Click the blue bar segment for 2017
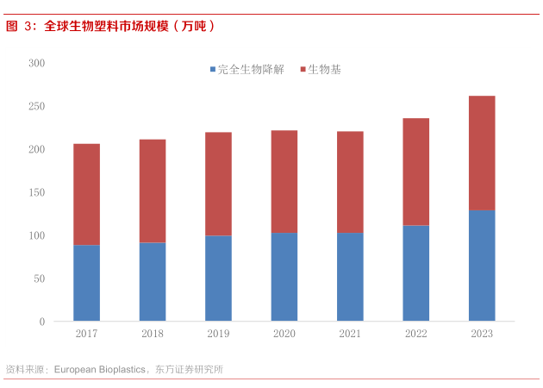point(86,283)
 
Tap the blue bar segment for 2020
point(284,277)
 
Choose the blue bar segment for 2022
point(415,273)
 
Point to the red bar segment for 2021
point(350,182)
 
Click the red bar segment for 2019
point(218,184)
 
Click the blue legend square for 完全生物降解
point(212,70)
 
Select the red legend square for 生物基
point(303,70)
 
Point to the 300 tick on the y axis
point(36,63)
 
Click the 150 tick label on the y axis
point(36,192)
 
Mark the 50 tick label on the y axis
point(39,278)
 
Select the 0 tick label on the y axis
point(41,322)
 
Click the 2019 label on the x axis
point(218,334)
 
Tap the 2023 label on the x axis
point(482,334)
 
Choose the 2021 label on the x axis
point(350,334)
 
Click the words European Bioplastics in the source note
point(99,369)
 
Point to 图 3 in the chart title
point(17,26)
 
